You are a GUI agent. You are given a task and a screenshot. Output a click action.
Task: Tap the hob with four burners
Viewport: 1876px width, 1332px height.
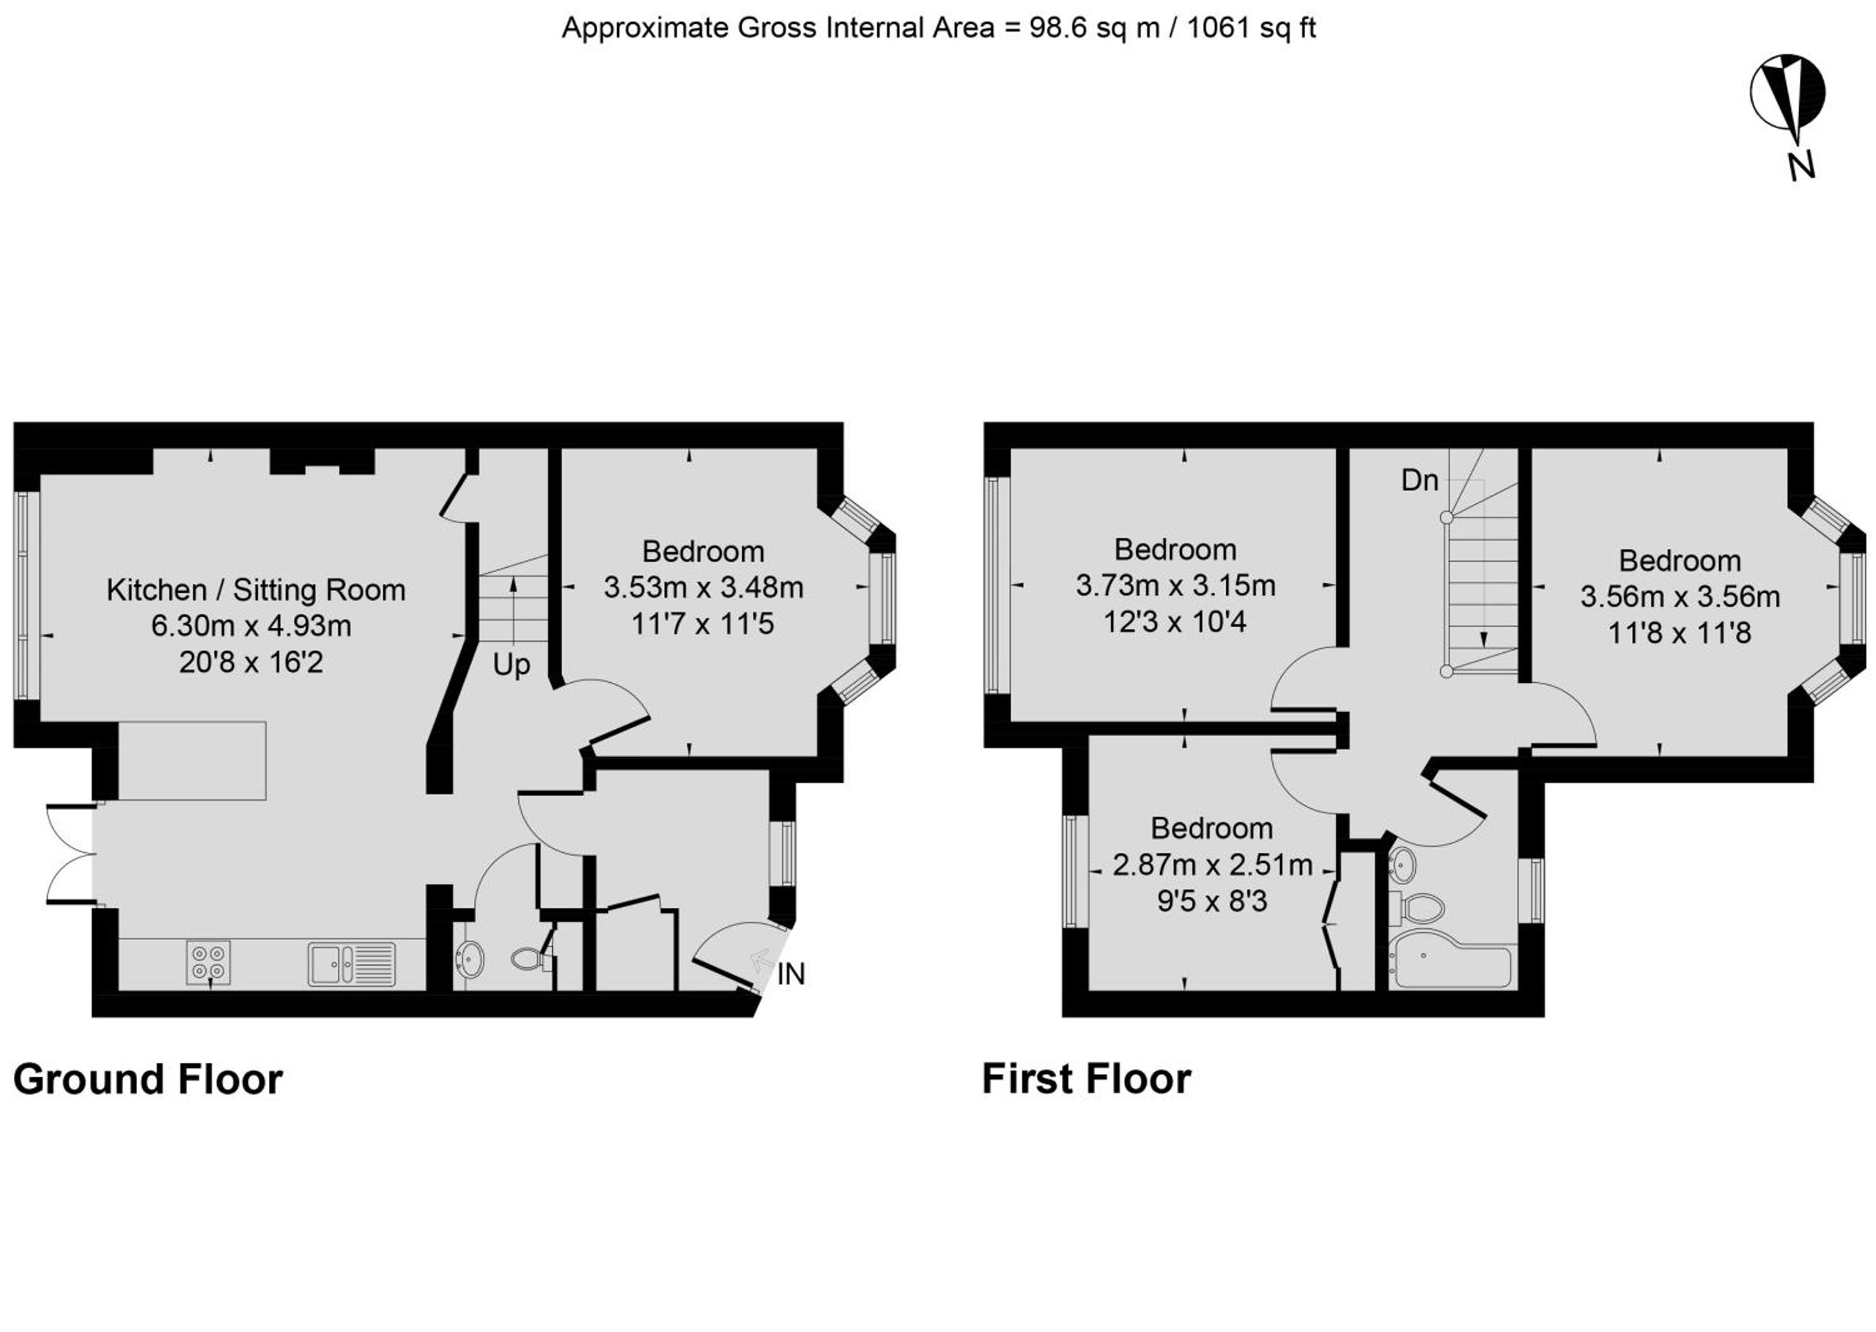208,962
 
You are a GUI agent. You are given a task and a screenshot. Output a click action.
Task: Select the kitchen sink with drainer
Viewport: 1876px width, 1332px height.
352,963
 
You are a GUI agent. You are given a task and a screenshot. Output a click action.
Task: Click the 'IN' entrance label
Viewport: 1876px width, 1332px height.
791,974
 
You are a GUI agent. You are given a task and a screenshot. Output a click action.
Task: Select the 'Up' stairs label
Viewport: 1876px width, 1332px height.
511,665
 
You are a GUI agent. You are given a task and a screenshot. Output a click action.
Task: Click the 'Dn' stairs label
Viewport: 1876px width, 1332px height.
1420,480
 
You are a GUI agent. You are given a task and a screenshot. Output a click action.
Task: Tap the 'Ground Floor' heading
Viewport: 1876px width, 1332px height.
149,1079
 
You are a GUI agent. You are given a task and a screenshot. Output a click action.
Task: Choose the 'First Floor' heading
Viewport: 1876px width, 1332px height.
1086,1079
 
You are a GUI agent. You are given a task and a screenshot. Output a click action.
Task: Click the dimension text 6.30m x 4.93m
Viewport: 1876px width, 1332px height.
251,626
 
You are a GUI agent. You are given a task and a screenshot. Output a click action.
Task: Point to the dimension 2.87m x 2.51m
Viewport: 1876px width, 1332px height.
1212,865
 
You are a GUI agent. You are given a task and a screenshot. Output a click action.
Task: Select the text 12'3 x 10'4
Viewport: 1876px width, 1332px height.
1175,622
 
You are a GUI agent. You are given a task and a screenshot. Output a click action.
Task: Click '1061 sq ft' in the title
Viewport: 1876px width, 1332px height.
1251,28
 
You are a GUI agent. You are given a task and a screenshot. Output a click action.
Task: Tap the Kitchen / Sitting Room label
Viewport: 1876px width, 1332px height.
256,590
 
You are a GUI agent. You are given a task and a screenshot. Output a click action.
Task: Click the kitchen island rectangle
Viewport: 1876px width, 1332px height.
192,761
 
